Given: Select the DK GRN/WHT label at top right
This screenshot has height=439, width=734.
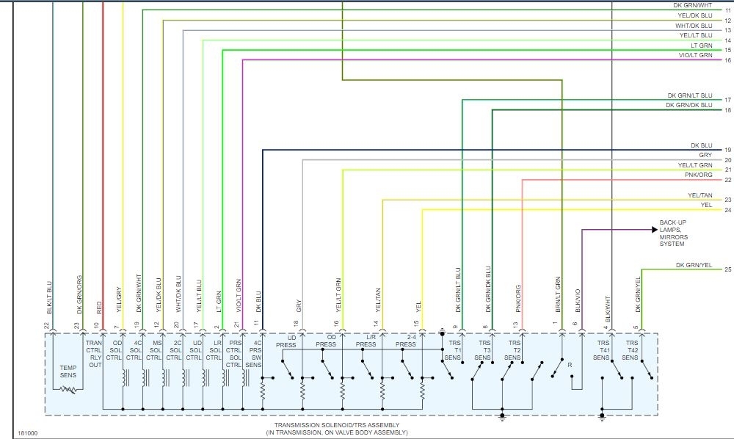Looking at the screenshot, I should pos(693,5).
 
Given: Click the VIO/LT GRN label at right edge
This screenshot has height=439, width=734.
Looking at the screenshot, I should pos(694,55).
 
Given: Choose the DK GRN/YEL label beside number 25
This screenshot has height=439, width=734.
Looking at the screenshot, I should pos(694,265).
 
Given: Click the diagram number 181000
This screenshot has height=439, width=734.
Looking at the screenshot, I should pos(28,432).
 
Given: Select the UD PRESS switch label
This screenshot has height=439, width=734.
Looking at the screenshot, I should pos(286,341).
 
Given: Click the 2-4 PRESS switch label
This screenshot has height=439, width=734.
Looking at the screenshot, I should pos(406,341).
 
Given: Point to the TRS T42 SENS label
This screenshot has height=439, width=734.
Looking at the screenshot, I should pos(631,350).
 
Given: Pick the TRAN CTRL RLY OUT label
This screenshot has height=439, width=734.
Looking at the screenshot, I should pos(94,354).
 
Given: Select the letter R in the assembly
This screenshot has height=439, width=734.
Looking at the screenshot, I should pos(570,365).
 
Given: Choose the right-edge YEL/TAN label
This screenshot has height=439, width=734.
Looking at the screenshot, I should pos(700,195).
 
